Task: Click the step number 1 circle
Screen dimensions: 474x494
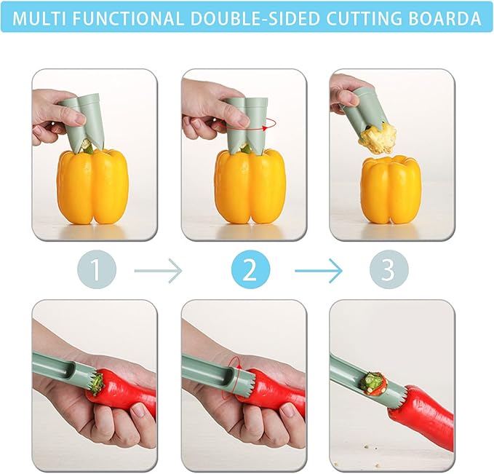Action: tap(95, 270)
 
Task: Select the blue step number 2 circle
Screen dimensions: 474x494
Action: tap(250, 270)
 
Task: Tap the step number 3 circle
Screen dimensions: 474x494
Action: tap(388, 270)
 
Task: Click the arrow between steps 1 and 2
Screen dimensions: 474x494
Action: tap(159, 271)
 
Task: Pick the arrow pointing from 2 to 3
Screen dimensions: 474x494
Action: tap(319, 271)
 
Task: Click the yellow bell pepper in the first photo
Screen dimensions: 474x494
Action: tap(92, 186)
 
